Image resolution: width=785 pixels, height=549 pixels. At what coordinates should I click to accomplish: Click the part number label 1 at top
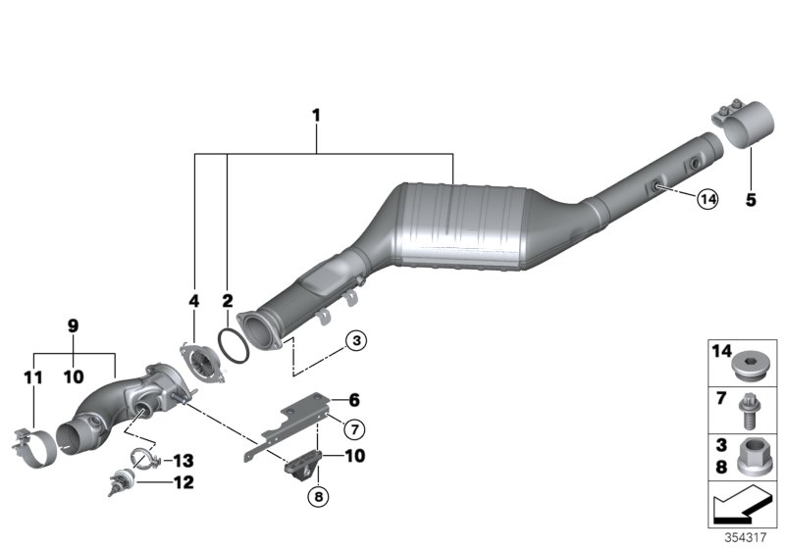[316, 117]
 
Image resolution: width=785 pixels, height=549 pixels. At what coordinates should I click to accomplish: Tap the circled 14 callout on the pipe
[706, 200]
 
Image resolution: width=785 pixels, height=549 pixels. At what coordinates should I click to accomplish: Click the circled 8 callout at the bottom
[316, 497]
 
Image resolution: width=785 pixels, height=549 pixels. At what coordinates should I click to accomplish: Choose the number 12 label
[183, 482]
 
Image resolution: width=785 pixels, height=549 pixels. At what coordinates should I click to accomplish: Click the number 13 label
[183, 460]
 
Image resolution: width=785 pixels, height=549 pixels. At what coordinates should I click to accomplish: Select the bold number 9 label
[72, 325]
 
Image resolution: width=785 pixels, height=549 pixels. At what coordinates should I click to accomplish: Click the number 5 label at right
[751, 201]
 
